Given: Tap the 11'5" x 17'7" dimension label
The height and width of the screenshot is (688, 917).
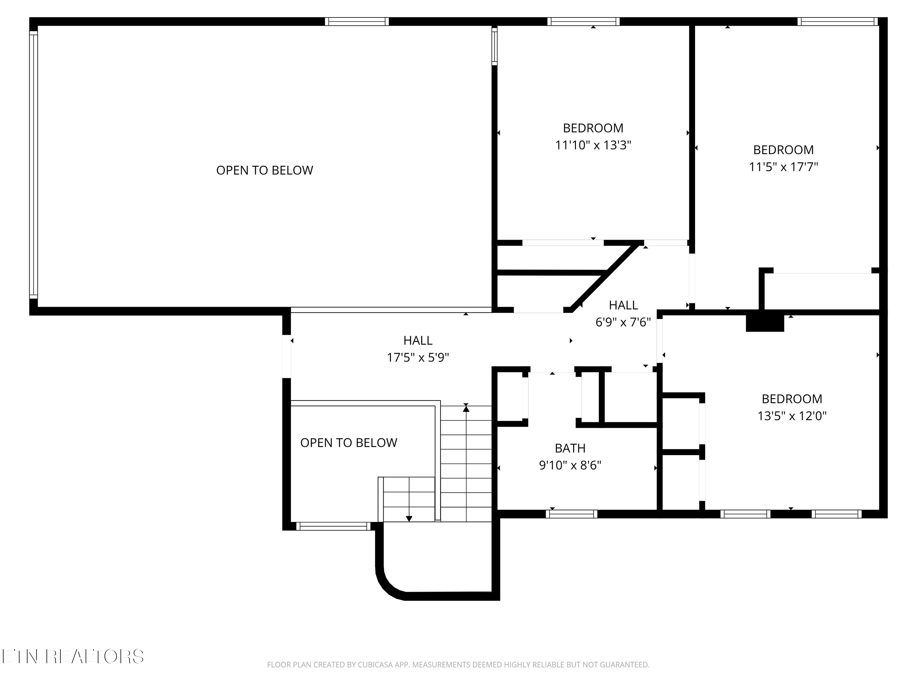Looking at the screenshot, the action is pyautogui.click(x=783, y=167).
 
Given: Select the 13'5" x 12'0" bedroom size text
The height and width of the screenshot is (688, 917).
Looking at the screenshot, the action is pyautogui.click(x=792, y=416).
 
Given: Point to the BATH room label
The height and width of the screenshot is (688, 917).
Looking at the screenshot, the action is pyautogui.click(x=570, y=448).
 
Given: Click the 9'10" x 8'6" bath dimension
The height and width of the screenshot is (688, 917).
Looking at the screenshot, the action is pyautogui.click(x=570, y=465).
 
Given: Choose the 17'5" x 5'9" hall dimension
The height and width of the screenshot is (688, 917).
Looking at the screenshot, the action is pyautogui.click(x=418, y=357).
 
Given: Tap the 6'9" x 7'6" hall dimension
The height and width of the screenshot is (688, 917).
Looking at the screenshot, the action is pyautogui.click(x=623, y=322).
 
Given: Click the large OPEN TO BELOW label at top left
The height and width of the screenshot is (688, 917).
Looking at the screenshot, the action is pyautogui.click(x=264, y=170).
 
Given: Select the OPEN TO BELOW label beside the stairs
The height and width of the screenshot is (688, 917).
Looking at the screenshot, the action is pyautogui.click(x=349, y=442).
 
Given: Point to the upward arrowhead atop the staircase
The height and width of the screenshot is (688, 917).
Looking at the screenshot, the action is pyautogui.click(x=466, y=409).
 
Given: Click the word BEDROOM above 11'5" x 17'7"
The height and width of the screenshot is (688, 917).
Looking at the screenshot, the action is pyautogui.click(x=783, y=150).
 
